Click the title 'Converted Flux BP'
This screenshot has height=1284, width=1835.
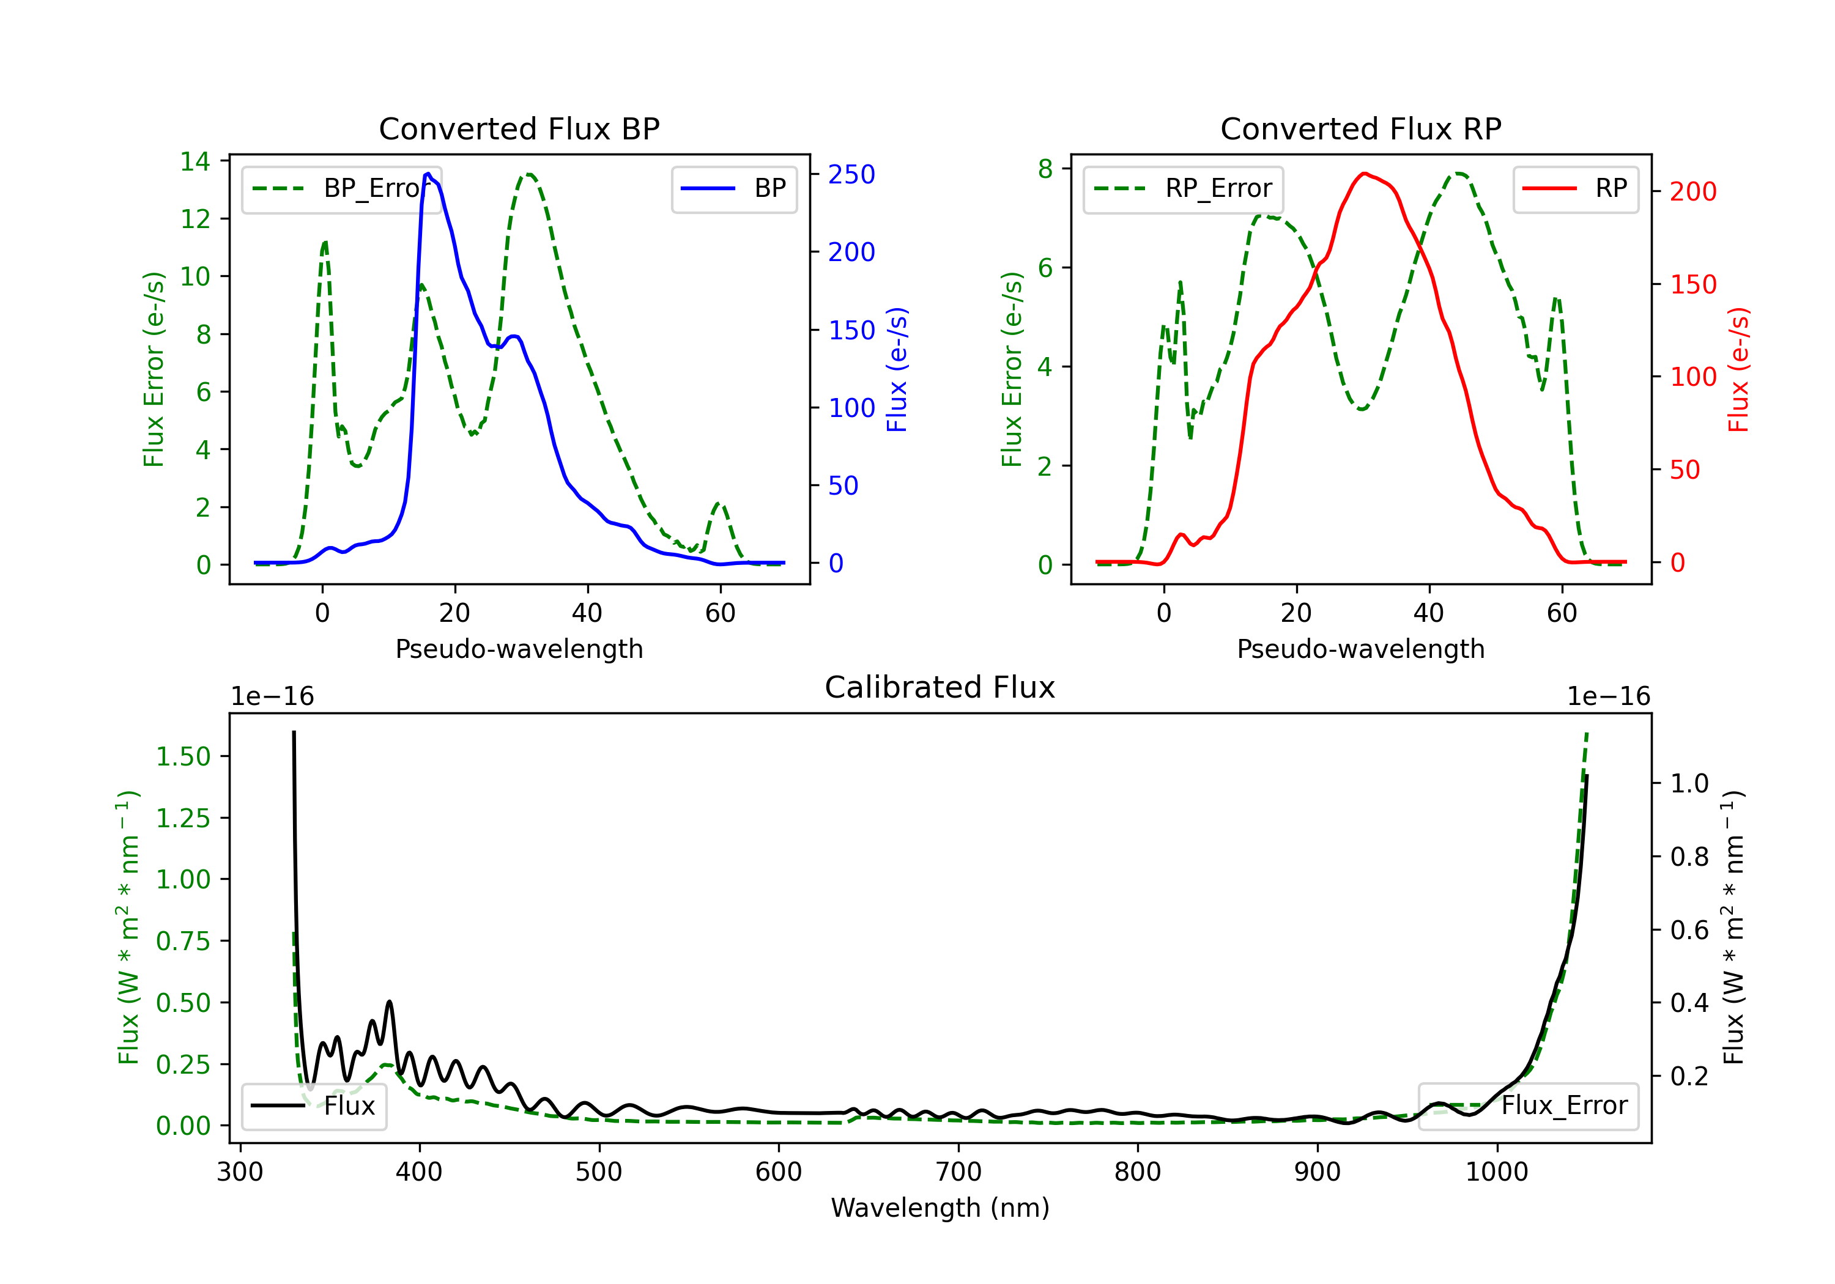coord(519,128)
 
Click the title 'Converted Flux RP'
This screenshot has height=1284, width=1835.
coord(1360,128)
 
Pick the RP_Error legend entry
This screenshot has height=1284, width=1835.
coord(1183,188)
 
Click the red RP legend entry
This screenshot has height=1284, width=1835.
coord(1575,188)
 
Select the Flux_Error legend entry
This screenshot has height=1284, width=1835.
coord(1528,1106)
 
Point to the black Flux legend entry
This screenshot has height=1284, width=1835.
coord(314,1106)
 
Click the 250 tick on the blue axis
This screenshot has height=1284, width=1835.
coord(851,174)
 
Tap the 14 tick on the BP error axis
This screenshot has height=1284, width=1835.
coord(195,161)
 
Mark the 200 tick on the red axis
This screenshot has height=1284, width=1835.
coord(1692,192)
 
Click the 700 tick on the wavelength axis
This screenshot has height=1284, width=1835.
coord(958,1172)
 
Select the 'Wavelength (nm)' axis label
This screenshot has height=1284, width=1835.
coord(940,1208)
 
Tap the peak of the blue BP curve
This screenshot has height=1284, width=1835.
coord(428,174)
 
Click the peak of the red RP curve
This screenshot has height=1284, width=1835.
coord(1364,174)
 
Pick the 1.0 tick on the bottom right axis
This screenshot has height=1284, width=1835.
coord(1689,783)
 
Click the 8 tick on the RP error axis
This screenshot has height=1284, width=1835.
coord(1045,169)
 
